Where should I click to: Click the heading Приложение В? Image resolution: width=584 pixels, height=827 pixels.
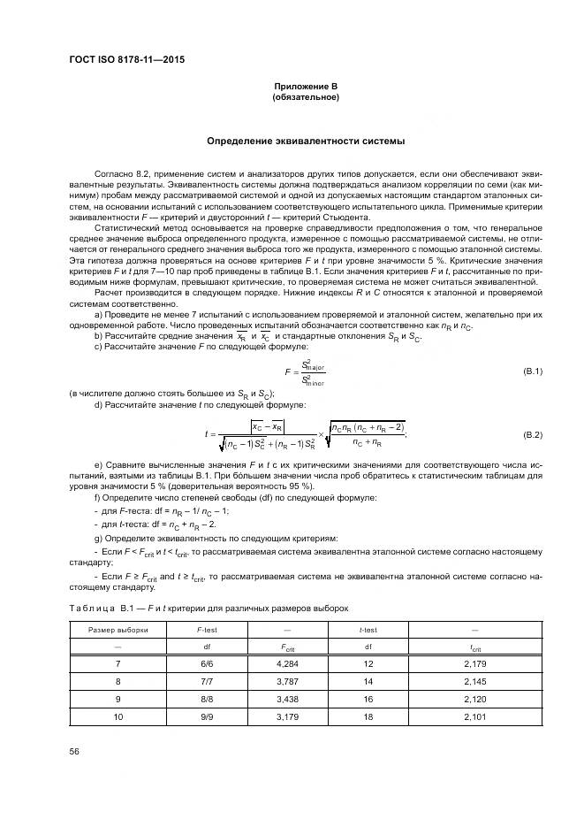pyautogui.click(x=306, y=86)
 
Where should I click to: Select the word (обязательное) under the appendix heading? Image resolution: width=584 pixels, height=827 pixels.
pyautogui.click(x=306, y=97)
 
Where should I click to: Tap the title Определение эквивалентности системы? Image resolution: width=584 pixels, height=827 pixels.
pyautogui.click(x=306, y=141)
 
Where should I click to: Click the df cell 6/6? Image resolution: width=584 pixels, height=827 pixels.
pyautogui.click(x=206, y=662)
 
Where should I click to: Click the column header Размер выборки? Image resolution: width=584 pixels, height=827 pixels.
pyautogui.click(x=118, y=629)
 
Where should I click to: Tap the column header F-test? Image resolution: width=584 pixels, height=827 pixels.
pyautogui.click(x=206, y=629)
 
